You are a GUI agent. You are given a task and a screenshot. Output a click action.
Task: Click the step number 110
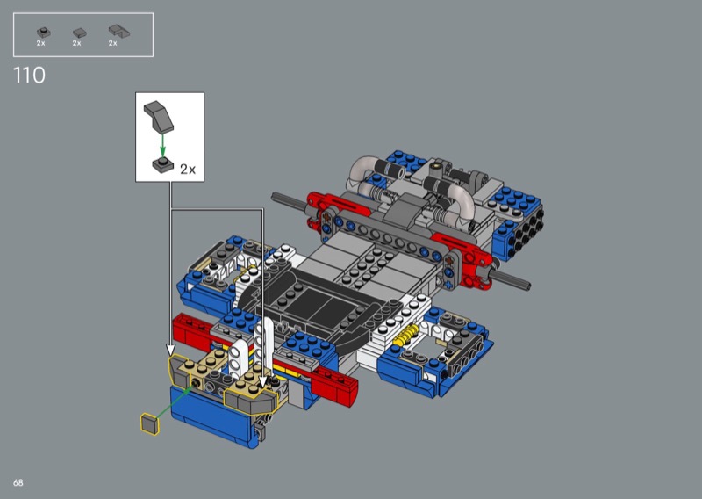pos(30,76)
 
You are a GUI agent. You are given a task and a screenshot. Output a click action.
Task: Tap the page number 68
pos(18,482)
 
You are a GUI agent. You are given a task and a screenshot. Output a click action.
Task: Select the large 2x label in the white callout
pos(188,170)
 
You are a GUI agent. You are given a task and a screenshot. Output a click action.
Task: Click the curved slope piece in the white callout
pos(159,116)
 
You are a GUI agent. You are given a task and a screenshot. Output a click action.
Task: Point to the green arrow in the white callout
pos(162,146)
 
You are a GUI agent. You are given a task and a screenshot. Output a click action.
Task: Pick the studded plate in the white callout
pos(163,164)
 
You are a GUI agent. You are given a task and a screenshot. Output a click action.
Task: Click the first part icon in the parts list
pos(43,33)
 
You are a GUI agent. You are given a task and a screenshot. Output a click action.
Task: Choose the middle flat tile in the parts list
pos(79,33)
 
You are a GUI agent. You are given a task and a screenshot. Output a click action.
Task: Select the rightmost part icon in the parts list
pos(119,31)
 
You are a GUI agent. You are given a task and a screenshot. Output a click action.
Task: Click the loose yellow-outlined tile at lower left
pos(150,424)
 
